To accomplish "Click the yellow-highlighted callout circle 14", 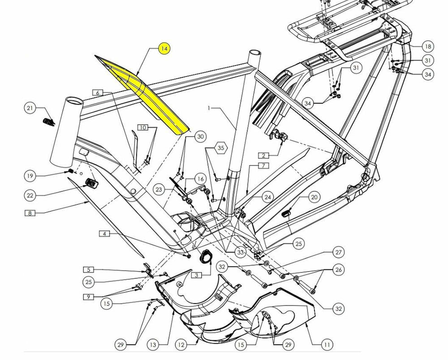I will tap(164, 49).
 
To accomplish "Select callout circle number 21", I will tap(30, 108).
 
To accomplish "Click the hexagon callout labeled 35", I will tap(220, 148).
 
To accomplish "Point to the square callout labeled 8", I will tap(30, 213).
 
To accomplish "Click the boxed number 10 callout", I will tap(142, 127).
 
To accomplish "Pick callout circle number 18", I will tap(428, 47).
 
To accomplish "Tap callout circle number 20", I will tap(314, 197).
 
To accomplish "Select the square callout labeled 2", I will tap(263, 156).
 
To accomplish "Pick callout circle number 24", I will tap(267, 197).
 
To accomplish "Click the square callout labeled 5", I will tap(89, 270).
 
